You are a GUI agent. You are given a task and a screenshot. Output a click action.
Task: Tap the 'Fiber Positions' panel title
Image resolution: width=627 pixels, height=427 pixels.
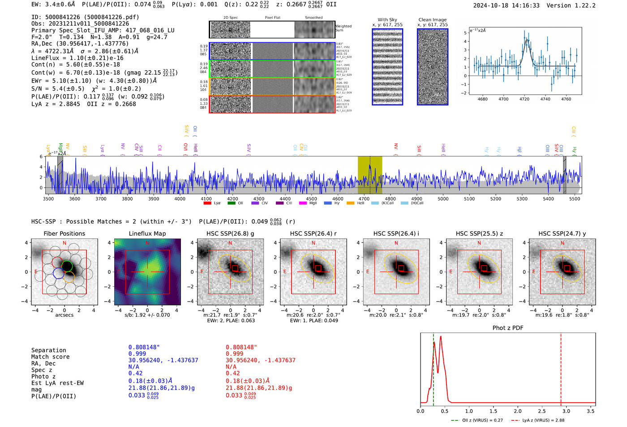tap(64, 233)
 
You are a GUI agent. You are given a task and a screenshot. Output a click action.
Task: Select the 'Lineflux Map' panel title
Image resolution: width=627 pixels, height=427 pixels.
tap(147, 233)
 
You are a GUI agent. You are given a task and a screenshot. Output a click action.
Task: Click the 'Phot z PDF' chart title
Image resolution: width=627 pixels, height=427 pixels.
tap(508, 328)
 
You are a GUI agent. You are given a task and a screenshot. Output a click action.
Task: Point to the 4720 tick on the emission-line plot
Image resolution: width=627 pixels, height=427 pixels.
tap(524, 99)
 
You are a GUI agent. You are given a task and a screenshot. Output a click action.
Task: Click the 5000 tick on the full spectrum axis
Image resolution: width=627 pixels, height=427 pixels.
tap(443, 199)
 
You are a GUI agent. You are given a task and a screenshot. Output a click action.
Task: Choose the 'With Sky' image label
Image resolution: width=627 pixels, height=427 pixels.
tap(387, 20)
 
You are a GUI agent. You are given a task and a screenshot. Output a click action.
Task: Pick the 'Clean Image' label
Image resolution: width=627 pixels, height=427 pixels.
tap(432, 20)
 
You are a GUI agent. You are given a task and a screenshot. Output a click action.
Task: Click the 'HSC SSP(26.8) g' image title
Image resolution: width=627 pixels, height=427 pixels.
tap(230, 233)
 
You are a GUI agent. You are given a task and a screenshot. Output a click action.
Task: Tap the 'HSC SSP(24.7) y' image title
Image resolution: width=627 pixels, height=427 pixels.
tap(562, 233)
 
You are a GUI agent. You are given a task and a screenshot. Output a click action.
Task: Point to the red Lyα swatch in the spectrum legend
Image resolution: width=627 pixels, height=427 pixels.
tap(207, 203)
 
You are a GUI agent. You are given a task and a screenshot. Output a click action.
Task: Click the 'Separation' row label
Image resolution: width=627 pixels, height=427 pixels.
tap(49, 350)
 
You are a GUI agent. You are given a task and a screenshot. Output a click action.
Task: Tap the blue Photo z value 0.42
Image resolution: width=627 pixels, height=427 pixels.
tap(135, 373)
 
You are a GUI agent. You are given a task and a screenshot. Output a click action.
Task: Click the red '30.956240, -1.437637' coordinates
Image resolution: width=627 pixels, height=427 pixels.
tap(260, 360)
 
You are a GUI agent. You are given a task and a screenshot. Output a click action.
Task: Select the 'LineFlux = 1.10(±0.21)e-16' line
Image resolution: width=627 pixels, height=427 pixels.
tap(77, 58)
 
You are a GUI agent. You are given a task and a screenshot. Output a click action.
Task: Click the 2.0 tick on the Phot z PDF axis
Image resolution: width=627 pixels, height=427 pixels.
tap(518, 411)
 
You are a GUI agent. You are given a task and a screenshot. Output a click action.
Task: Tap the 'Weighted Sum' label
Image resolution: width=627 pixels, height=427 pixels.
tap(344, 28)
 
